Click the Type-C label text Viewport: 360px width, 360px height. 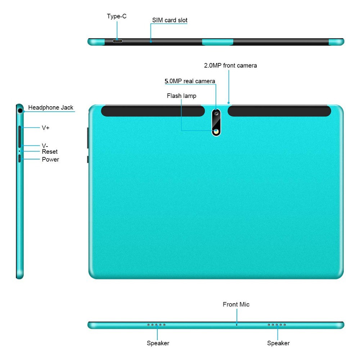117,16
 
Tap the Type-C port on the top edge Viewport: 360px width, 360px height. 117,41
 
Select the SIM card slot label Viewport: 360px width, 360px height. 170,20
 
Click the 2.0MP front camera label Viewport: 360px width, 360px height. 230,66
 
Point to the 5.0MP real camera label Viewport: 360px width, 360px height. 190,81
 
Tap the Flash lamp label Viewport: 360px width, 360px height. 181,96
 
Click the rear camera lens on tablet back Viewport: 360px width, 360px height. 216,113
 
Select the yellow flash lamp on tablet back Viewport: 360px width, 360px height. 216,131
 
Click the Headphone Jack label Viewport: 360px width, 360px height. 50,107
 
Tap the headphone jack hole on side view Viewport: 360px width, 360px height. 20,111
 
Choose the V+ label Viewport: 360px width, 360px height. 45,128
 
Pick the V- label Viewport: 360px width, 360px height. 45,145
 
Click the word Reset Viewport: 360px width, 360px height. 50,152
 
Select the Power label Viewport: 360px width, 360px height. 50,159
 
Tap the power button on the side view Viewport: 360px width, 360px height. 19,159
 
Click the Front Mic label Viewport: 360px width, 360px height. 236,305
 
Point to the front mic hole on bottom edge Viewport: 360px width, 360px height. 237,325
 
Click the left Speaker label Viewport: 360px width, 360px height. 158,343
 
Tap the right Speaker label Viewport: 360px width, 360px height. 278,343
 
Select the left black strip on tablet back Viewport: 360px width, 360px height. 153,111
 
